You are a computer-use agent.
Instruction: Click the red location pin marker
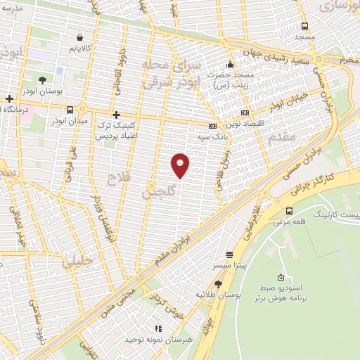tap(180, 165)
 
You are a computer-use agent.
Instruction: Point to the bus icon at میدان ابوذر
tap(70, 110)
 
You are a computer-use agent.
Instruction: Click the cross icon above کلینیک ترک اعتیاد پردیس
tap(116, 114)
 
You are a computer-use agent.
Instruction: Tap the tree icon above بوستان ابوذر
tap(42, 80)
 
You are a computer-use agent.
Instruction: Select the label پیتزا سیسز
tap(229, 266)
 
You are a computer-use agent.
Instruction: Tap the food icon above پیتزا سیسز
tap(229, 255)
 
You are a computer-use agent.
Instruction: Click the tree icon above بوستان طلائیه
tap(219, 284)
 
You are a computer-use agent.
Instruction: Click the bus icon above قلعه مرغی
tap(289, 211)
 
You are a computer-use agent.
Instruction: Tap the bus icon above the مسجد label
tap(304, 25)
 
